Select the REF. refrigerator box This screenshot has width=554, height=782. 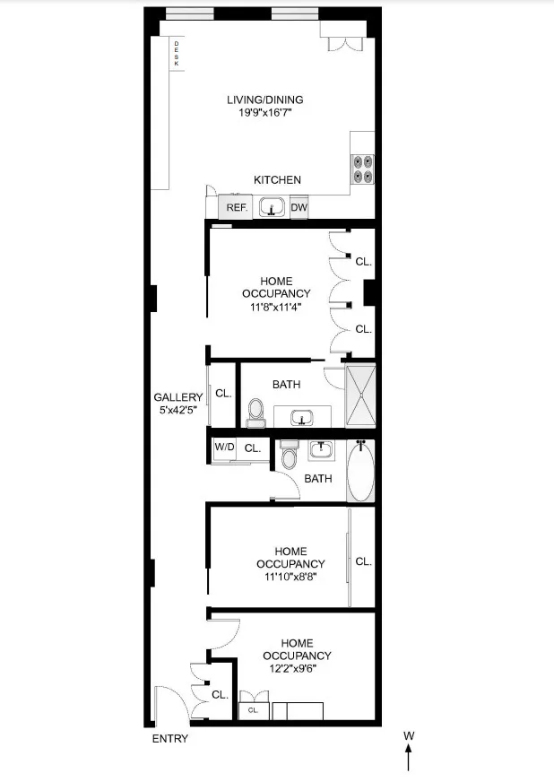[236, 207]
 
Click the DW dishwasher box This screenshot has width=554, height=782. [299, 206]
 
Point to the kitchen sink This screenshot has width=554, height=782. [272, 208]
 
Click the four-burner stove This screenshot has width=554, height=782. [362, 170]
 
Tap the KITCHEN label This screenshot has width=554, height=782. [277, 180]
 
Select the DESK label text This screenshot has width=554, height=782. [176, 55]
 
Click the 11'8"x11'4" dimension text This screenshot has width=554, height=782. [276, 307]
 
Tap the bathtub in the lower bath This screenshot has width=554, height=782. [360, 471]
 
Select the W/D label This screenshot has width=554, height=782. [224, 447]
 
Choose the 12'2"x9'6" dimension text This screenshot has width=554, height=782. [307, 669]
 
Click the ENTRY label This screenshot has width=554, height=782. [169, 739]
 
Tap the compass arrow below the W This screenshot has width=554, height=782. [409, 760]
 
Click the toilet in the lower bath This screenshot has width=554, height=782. [289, 457]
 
